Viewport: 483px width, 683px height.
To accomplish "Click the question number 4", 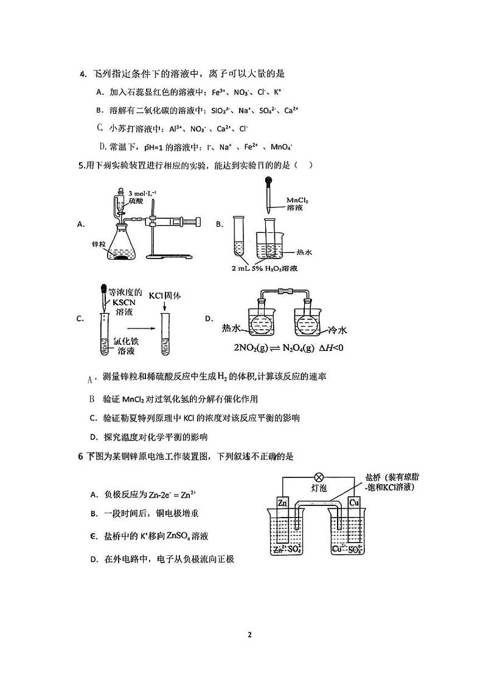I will point(82,74).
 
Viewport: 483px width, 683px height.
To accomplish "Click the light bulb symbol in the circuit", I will point(317,478).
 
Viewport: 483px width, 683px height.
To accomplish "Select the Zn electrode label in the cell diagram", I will point(282,503).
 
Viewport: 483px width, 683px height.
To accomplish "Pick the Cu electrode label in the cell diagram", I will point(355,503).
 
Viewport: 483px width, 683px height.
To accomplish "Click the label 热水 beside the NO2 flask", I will point(234,328).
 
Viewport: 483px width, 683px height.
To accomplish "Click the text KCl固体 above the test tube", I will point(165,296).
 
